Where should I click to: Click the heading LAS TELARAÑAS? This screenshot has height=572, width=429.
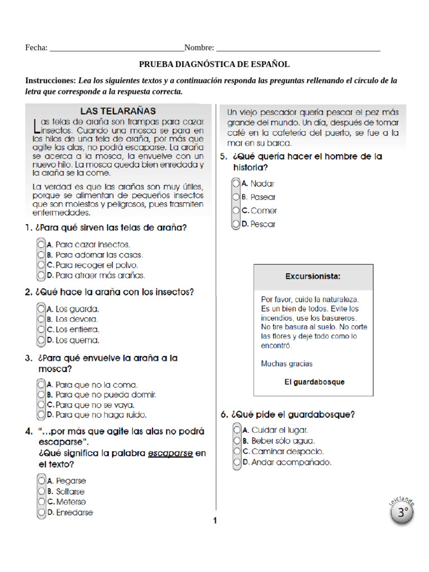click(x=118, y=111)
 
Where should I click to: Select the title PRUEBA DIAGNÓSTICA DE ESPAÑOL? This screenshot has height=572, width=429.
click(x=214, y=65)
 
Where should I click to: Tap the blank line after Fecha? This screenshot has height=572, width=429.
click(x=117, y=48)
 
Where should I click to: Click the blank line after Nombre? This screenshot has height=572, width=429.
click(x=298, y=48)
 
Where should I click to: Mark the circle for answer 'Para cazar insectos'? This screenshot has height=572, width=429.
click(x=41, y=244)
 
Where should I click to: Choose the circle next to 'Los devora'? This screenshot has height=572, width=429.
click(x=41, y=319)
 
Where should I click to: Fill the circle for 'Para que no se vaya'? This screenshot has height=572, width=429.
click(x=41, y=404)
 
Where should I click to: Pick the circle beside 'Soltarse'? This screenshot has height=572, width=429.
click(x=41, y=492)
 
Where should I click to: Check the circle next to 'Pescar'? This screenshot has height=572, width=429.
click(x=236, y=225)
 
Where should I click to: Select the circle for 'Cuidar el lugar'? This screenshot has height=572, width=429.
click(x=237, y=430)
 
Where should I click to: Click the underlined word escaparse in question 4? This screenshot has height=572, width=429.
click(x=170, y=453)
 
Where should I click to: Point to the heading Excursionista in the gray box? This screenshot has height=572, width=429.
click(x=313, y=276)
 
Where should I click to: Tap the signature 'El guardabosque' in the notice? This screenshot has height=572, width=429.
click(x=314, y=382)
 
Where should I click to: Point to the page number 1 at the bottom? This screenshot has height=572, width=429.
click(x=214, y=521)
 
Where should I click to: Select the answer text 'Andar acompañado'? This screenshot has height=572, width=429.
click(x=291, y=463)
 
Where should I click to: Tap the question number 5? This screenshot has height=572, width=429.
click(x=223, y=157)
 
